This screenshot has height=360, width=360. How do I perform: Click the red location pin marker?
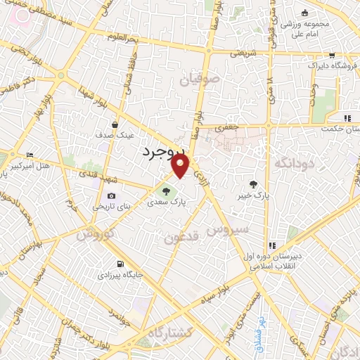pyautogui.click(x=181, y=166)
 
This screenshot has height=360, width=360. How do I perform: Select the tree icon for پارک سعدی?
pyautogui.click(x=166, y=190)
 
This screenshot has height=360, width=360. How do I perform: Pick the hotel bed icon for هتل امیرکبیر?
pyautogui.click(x=29, y=155)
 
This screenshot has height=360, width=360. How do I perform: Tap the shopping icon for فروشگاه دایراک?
pyautogui.click(x=331, y=56)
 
